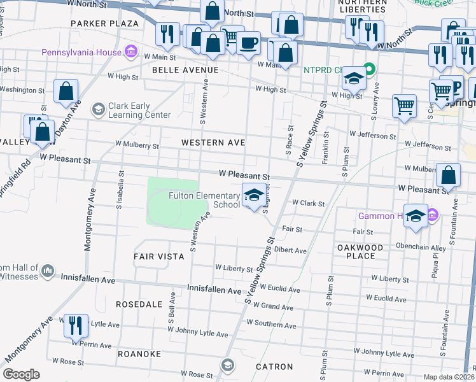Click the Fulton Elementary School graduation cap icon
click(x=254, y=195)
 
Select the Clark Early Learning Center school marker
click(x=97, y=110)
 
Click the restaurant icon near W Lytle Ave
click(x=76, y=325)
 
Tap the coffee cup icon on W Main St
click(x=249, y=44)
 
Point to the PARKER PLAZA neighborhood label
click(x=104, y=24)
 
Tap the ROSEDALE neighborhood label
click(x=139, y=305)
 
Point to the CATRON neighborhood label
click(x=274, y=367)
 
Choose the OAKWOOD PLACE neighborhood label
click(x=360, y=251)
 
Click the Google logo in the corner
click(x=21, y=374)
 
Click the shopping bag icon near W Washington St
click(x=66, y=92)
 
